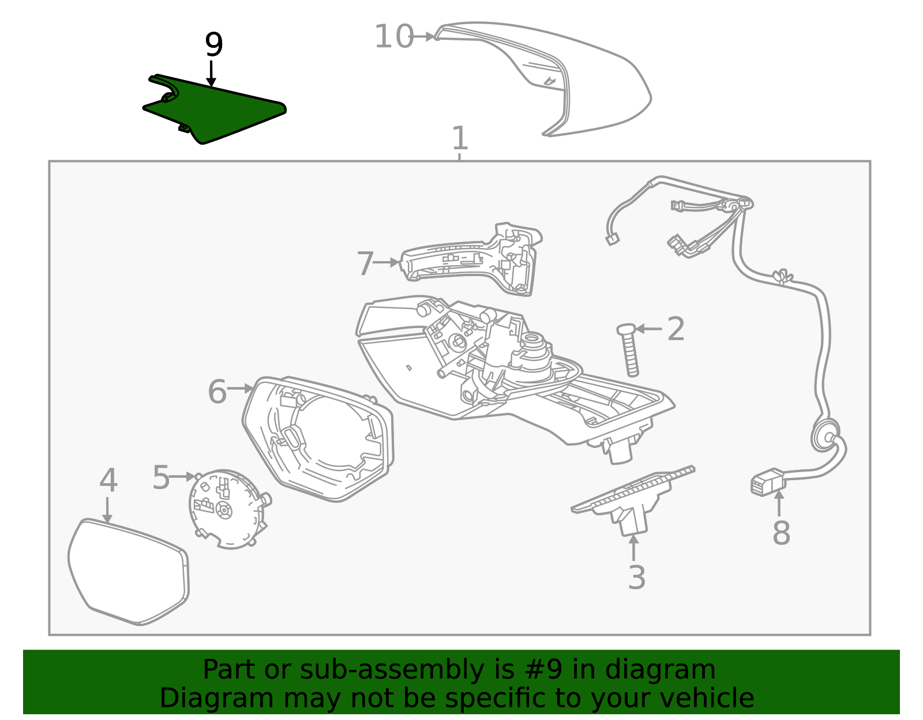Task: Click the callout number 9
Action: pos(213,44)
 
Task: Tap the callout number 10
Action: pos(394,36)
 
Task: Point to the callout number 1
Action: pos(460,138)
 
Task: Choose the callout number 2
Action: pos(676,329)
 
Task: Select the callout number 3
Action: pos(637,577)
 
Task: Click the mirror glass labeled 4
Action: pos(128,572)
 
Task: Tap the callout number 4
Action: pos(108,480)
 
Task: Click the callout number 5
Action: pos(161,478)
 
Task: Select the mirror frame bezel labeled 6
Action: pos(318,439)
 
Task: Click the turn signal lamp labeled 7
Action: pos(471,259)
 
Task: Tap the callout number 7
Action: pos(365,263)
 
